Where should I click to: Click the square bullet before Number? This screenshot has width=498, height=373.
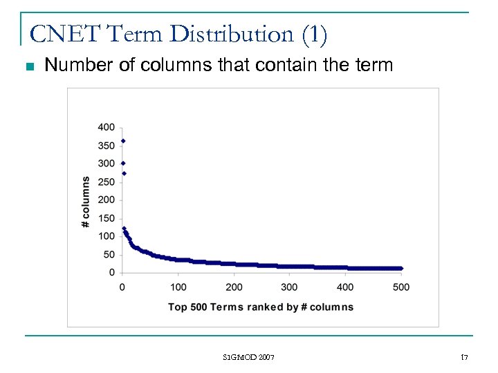(28, 67)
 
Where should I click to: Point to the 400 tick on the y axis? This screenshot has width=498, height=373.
(107, 127)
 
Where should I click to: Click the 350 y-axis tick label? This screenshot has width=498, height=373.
(107, 146)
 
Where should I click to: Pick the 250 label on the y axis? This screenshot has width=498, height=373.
(107, 182)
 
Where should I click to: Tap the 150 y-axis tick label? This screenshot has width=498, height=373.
(107, 218)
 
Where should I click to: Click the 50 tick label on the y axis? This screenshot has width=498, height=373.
(109, 255)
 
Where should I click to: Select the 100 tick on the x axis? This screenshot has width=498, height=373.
(178, 287)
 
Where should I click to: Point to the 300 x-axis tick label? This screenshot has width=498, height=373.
(290, 287)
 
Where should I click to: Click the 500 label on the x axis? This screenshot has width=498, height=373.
(401, 287)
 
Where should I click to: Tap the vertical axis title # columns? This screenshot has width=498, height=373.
(86, 202)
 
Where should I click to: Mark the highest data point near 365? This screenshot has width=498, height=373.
(123, 141)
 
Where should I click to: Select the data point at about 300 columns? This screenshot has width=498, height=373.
(123, 163)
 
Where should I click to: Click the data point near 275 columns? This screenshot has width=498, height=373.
(123, 173)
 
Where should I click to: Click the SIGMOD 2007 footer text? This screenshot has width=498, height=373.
(249, 357)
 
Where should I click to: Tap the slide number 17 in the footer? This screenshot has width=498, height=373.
(465, 357)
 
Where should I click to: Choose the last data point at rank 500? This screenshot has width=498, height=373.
(400, 268)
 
